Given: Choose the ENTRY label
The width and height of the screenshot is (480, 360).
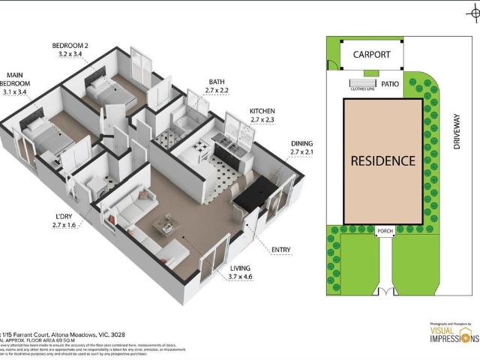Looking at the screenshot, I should pyautogui.click(x=281, y=250).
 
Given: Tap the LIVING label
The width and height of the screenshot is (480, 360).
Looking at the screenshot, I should pyautogui.click(x=241, y=268).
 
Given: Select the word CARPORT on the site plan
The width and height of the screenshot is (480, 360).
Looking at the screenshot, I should pyautogui.click(x=371, y=55).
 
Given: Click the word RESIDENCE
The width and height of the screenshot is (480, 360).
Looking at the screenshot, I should pyautogui.click(x=382, y=160).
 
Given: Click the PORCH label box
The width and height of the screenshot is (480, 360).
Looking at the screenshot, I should pyautogui.click(x=385, y=231).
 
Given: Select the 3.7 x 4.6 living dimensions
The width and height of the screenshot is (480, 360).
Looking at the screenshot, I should pyautogui.click(x=241, y=277).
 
